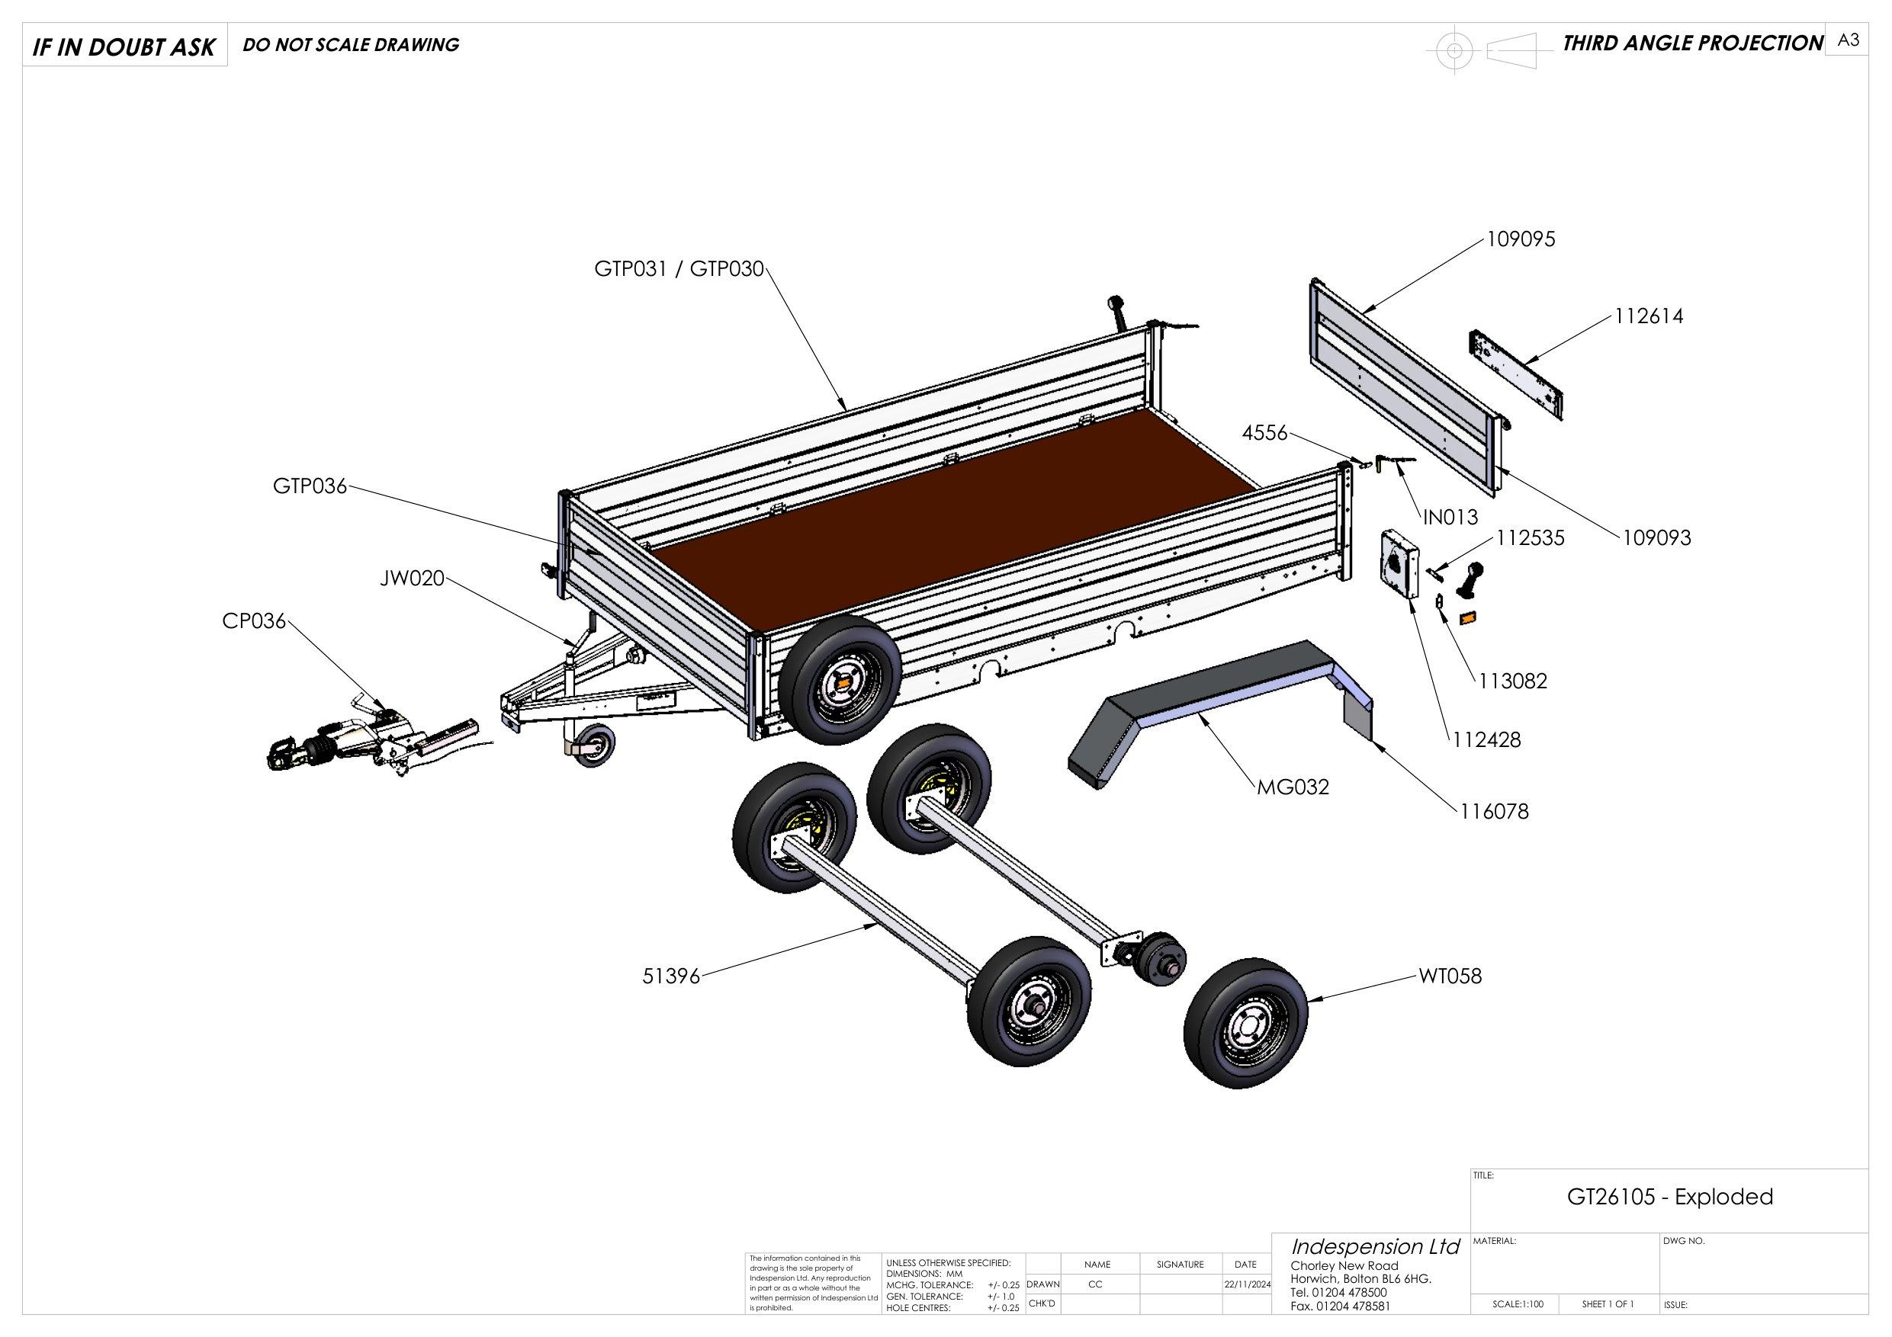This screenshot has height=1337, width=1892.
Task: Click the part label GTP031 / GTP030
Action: (679, 269)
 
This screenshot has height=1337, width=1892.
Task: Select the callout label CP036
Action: (254, 621)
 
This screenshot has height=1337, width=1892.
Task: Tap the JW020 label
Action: (412, 579)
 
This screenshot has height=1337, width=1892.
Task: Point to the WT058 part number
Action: (1450, 976)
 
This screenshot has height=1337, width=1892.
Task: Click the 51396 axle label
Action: (671, 977)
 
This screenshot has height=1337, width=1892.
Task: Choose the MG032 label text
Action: (1293, 787)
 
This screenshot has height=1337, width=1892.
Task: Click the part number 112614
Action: (1648, 316)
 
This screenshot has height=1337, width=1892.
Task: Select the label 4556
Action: (1265, 432)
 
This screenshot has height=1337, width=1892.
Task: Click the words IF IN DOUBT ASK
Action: (124, 48)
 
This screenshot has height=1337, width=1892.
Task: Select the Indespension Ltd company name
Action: (1374, 1247)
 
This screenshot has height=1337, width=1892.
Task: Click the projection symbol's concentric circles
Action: (1454, 51)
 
